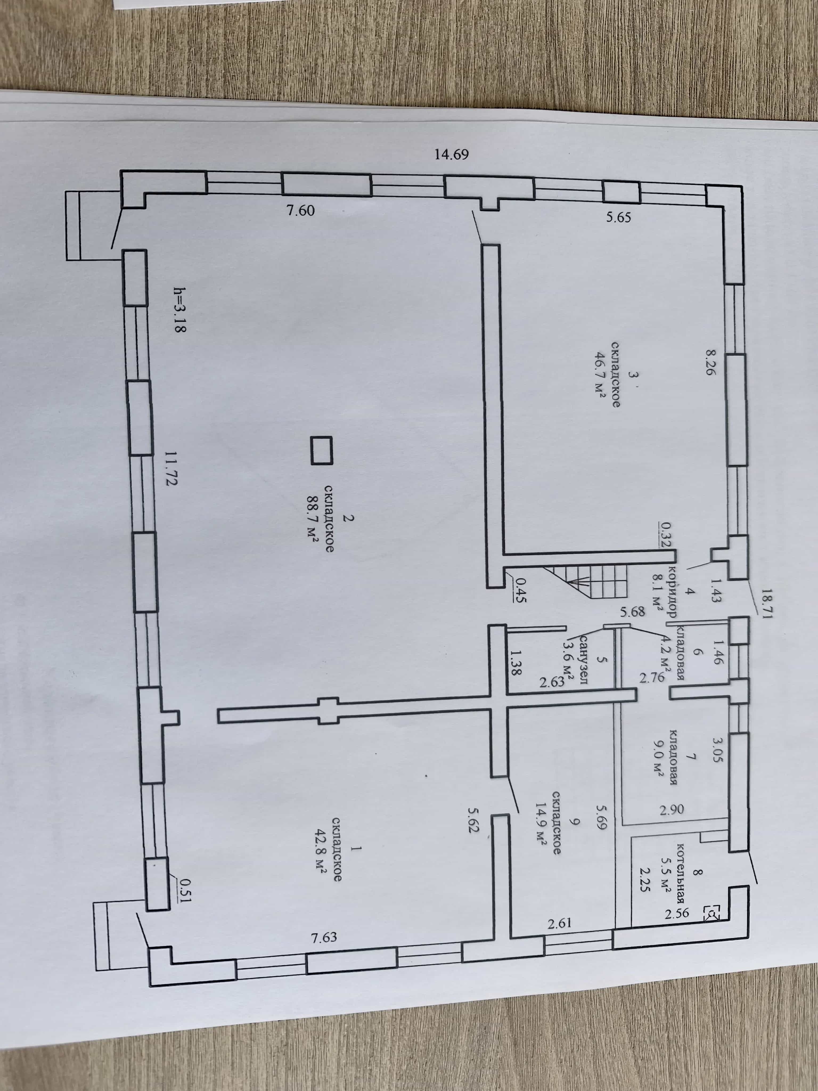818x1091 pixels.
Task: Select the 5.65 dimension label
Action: pos(618,217)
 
